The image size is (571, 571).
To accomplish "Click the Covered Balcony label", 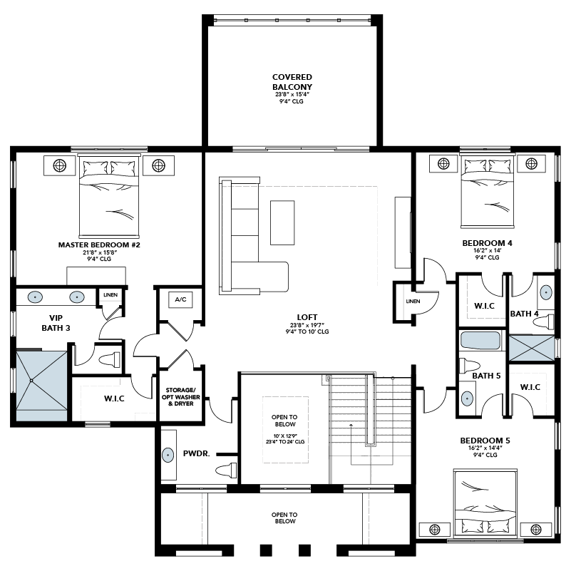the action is point(292,82).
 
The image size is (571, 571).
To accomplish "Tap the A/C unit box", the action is point(180,299).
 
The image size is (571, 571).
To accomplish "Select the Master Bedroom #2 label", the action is point(99,245).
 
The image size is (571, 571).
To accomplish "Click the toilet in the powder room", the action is point(226,470).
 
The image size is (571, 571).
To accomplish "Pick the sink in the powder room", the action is point(168,455).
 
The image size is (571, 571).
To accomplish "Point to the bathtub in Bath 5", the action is point(480,341).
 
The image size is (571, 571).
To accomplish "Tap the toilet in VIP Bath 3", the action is point(109,359).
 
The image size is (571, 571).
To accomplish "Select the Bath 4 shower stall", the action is point(531,349).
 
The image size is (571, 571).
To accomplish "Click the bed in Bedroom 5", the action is point(485,503).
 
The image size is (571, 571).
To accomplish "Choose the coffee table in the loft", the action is point(282,222).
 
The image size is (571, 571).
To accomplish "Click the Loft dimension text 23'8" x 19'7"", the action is point(307,325).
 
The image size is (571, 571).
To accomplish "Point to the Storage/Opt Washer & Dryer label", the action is point(180,396).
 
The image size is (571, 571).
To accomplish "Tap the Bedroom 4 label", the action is point(487,243).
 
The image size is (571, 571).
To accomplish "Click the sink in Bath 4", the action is point(545,292).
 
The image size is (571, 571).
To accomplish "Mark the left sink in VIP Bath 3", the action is point(35,297).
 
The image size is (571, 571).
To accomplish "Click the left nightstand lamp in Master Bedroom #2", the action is point(60,165).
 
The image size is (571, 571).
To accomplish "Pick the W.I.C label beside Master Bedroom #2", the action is point(114,398).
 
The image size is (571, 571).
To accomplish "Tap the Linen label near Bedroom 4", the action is point(413,301).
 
